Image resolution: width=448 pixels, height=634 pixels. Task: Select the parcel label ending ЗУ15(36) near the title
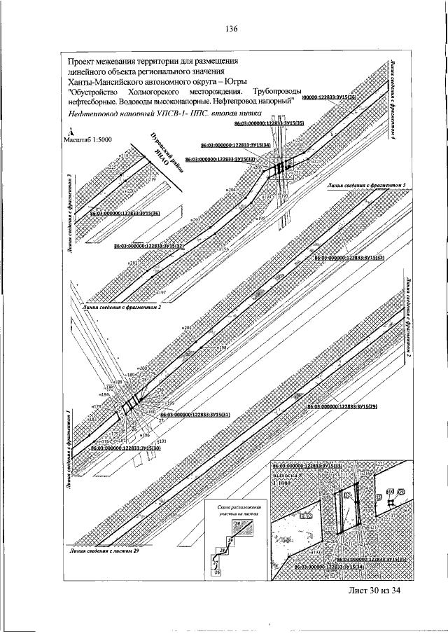tap(329, 97)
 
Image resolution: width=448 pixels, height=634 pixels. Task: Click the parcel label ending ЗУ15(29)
tap(342, 406)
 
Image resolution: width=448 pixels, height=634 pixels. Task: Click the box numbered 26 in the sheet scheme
tap(217, 573)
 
